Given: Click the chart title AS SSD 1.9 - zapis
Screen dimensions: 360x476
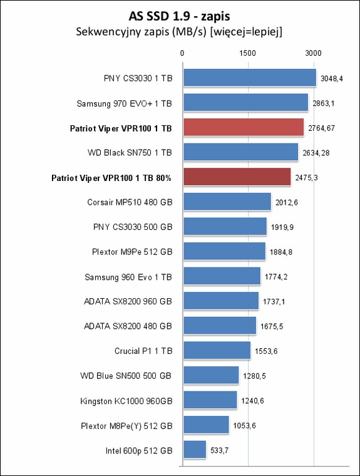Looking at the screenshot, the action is coord(180,16).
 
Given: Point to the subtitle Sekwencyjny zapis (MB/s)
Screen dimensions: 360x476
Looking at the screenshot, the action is coord(141,31).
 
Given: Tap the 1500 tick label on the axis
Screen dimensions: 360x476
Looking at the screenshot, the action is coord(248,53).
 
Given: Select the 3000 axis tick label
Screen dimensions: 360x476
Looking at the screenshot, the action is coord(313,53).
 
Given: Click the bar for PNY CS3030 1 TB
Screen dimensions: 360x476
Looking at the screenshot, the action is coord(250,78).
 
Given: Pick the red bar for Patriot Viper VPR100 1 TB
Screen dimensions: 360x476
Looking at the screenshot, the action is coord(244,127).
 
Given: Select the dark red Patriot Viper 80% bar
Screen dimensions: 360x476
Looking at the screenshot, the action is coord(237,177).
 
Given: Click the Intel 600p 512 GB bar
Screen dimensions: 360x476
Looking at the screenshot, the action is coord(195,449).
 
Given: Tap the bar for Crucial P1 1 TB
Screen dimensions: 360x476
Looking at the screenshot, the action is coord(217,350).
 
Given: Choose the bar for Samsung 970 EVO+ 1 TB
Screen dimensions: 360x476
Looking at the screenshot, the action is coord(246,102).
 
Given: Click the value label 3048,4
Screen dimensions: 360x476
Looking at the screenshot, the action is coord(332,79).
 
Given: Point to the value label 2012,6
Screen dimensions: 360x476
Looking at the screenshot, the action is coord(287,202).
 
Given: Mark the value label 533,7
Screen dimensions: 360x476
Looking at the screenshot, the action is coord(220,450).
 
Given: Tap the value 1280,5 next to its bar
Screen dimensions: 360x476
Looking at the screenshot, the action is coord(254,376).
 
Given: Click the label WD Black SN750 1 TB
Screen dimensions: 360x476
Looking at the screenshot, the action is coord(130,152).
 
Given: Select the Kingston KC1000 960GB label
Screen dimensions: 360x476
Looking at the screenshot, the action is coord(126,401).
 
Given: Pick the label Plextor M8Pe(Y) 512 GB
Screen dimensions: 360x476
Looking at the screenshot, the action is coord(126,426).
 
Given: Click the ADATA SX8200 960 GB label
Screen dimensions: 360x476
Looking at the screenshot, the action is coord(128,301).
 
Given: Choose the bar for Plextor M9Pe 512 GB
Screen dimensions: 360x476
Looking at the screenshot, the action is coord(224,251).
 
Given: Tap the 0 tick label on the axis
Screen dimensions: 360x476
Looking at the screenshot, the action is coord(182,53).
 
